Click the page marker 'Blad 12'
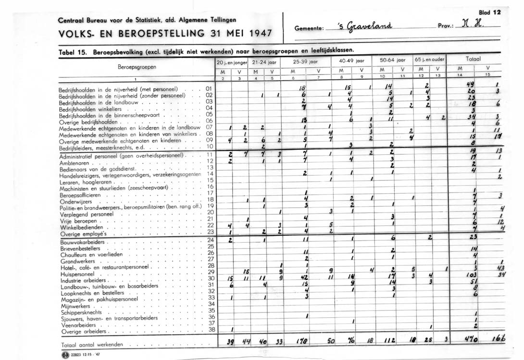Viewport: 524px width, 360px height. (490, 12)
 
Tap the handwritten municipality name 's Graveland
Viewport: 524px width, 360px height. (365, 26)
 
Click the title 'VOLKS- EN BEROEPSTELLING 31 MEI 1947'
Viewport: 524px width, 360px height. (164, 34)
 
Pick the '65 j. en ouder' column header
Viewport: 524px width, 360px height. (430, 62)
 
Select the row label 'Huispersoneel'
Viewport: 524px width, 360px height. (76, 273)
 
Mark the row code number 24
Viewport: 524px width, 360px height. (209, 240)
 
